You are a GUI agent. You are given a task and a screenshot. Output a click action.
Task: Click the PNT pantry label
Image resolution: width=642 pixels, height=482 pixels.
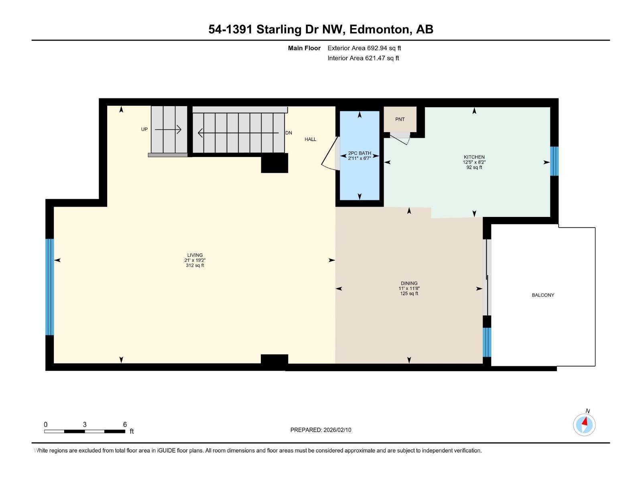[400, 119]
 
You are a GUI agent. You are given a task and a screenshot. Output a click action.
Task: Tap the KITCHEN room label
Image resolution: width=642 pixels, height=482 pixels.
[474, 157]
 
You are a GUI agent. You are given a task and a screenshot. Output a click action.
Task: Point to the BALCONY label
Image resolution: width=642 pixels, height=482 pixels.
[542, 295]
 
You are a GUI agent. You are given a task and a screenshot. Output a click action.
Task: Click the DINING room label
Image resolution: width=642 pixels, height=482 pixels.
[409, 283]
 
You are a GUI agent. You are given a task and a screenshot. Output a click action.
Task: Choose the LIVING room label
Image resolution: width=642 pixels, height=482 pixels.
[195, 255]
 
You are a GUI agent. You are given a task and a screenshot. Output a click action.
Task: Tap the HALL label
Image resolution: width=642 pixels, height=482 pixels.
[310, 139]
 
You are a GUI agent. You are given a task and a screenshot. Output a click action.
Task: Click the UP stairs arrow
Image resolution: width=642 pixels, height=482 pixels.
[168, 129]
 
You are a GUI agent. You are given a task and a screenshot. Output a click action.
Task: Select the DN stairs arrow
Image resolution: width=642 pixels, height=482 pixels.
[238, 133]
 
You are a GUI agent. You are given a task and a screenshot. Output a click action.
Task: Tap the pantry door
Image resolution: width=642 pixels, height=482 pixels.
[400, 139]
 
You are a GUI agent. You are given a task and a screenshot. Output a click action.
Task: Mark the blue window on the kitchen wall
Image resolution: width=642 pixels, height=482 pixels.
[554, 161]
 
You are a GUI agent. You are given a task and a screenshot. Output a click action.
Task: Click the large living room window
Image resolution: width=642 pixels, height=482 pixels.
[49, 287]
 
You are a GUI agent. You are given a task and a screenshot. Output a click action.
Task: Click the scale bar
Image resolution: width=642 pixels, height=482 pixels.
[85, 431]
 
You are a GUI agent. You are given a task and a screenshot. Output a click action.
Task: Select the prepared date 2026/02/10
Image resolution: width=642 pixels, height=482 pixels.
[321, 430]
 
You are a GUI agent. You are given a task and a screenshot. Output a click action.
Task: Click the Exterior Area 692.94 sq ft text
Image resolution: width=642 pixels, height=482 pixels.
[364, 48]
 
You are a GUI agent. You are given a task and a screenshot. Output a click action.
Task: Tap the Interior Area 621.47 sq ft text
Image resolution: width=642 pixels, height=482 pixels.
[363, 58]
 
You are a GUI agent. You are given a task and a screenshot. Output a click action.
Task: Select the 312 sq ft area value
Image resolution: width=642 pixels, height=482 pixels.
[195, 266]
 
